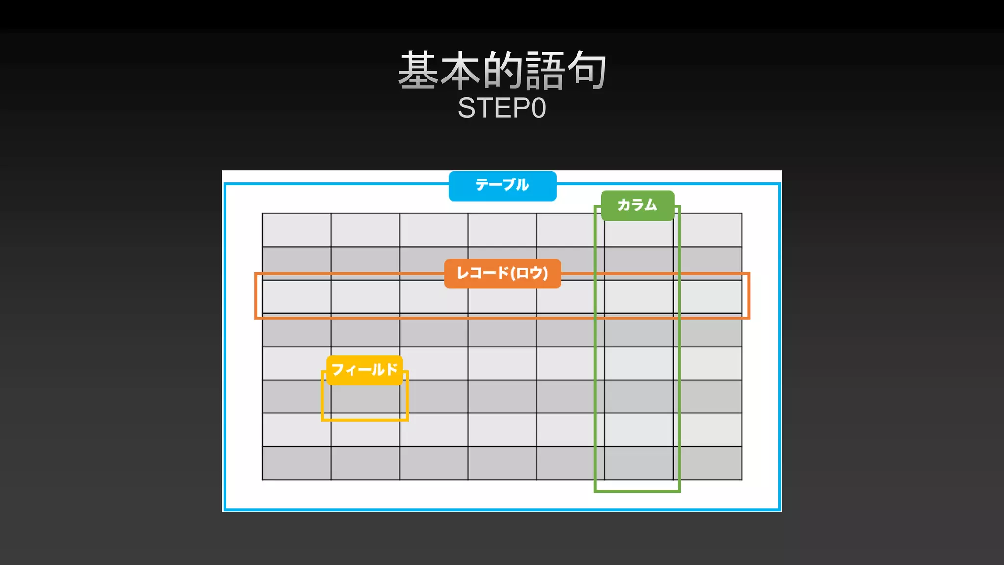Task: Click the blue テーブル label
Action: pos(502,185)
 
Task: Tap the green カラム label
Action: pos(637,205)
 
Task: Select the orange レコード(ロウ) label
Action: pos(502,273)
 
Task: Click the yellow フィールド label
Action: pos(364,369)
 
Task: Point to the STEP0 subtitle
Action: pos(502,108)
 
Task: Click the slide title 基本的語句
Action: pos(502,71)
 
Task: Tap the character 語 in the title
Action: pos(545,71)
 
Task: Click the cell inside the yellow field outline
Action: pos(365,400)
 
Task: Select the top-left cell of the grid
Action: pos(297,230)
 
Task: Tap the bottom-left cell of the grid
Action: pos(297,463)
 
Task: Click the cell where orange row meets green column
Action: pos(639,297)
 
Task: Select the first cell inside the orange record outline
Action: pos(297,297)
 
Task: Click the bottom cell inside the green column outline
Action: pos(639,463)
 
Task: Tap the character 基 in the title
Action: pos(418,71)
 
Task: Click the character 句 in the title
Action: pos(587,71)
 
